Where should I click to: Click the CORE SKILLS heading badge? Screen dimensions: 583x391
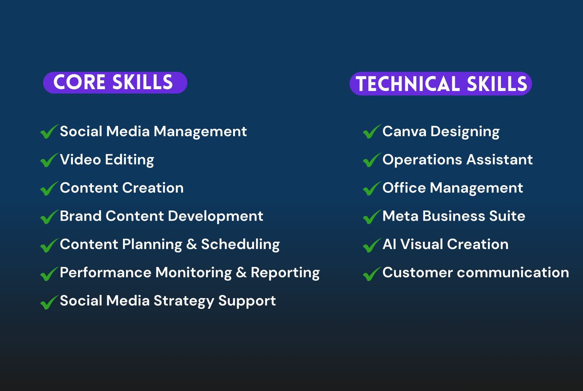[x=115, y=83]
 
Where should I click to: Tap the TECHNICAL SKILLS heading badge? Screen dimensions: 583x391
[x=441, y=84]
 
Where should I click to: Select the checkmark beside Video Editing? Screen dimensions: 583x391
[x=50, y=160]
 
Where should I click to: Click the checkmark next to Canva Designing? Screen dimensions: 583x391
[x=372, y=131]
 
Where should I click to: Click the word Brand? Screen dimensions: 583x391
[x=81, y=216]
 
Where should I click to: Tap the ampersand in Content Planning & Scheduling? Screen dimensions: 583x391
[x=192, y=244]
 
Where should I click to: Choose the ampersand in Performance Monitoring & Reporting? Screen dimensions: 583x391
[x=241, y=273]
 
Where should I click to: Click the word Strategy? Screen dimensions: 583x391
[x=184, y=301]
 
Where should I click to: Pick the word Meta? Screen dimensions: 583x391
[x=400, y=216]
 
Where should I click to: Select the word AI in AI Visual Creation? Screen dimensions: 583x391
[x=390, y=244]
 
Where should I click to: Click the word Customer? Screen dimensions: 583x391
[x=418, y=273]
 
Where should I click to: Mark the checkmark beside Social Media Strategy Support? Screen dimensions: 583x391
[x=50, y=302]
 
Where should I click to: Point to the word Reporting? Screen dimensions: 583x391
[x=285, y=273]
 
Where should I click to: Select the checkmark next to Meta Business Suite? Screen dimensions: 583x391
[x=372, y=217]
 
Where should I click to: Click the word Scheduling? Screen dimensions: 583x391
[x=240, y=245]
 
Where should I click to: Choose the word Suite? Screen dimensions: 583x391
[x=507, y=216]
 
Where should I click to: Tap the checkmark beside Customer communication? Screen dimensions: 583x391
[x=372, y=273]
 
